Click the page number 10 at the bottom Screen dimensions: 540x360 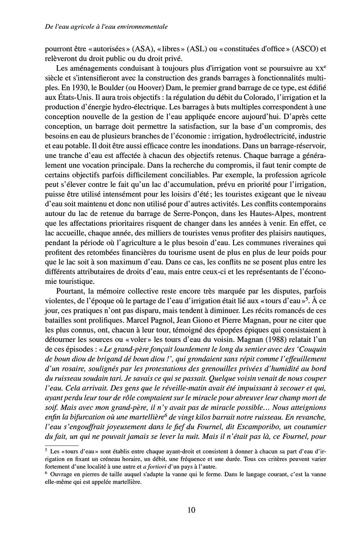click(191, 510)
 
